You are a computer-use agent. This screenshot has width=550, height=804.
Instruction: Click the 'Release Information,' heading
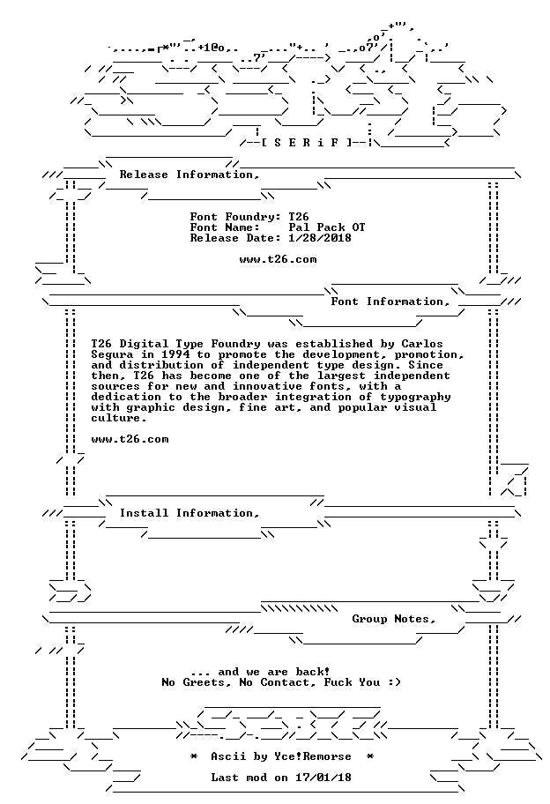point(190,175)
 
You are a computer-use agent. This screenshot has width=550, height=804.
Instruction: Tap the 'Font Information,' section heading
point(390,301)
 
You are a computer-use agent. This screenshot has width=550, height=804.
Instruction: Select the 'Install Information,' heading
point(190,513)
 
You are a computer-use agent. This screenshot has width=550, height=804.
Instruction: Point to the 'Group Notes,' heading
point(394,620)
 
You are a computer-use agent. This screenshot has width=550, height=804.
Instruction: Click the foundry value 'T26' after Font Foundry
point(299,217)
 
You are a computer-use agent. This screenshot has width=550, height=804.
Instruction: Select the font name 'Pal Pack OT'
point(327,227)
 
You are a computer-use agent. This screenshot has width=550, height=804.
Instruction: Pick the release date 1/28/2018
point(320,238)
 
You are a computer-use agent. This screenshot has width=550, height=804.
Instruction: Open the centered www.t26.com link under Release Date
point(278,259)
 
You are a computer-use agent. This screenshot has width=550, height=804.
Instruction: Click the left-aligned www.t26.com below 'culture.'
point(130,439)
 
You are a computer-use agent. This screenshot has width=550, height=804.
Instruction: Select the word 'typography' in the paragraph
point(415,398)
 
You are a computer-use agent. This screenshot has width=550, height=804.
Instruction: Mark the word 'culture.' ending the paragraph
point(119,418)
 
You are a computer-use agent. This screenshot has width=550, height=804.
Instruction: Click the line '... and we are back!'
point(260,672)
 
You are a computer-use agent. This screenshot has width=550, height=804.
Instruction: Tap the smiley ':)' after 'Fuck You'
point(394,682)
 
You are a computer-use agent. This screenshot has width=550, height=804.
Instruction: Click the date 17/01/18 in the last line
point(323,778)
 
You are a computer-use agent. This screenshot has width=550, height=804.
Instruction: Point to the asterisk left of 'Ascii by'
point(194,756)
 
